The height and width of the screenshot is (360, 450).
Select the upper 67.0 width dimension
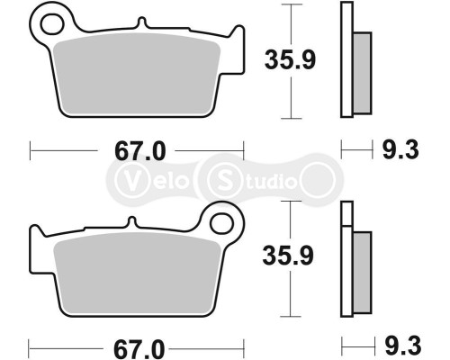(139, 151)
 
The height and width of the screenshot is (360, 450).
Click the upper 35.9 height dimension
(288, 61)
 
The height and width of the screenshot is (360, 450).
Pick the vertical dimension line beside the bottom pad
(288, 297)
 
